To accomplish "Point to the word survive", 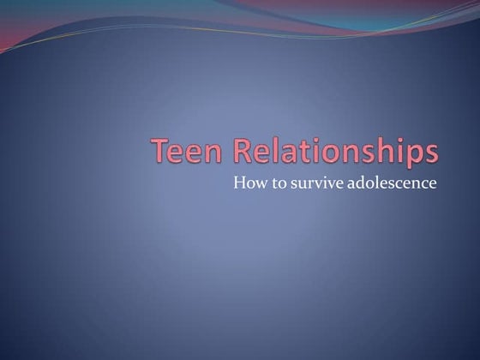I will (309, 183).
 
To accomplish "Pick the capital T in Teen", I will (161, 151).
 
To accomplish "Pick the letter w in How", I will (258, 183).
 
